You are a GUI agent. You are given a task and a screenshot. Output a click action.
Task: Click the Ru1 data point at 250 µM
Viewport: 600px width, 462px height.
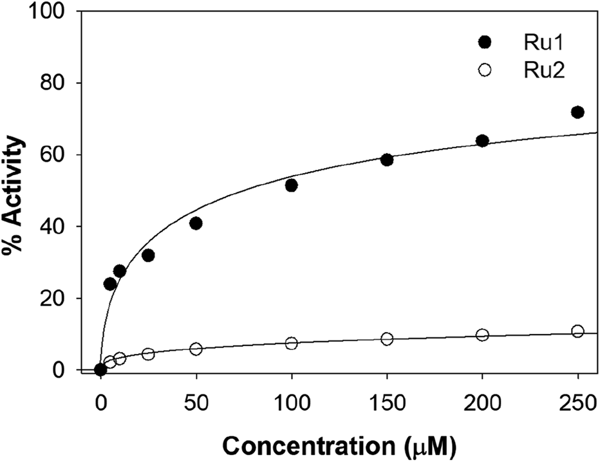coord(577,112)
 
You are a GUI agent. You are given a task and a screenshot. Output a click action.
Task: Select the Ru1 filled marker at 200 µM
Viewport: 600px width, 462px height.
coord(482,141)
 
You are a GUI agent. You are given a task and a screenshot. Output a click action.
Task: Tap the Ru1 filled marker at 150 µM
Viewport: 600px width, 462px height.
coord(387,160)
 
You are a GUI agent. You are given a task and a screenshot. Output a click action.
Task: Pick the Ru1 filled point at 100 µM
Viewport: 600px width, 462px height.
coord(291,185)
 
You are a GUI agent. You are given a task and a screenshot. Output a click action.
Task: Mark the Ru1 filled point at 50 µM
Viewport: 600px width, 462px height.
coord(196,223)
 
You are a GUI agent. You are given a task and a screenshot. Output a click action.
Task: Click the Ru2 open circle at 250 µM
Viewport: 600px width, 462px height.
coord(577,331)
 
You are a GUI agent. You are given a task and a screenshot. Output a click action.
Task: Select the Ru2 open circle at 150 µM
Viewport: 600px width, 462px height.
coord(387,338)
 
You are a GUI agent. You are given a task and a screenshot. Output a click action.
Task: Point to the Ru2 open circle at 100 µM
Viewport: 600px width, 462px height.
coord(291,343)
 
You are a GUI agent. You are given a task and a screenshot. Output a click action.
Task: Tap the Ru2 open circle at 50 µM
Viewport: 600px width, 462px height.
coord(196,349)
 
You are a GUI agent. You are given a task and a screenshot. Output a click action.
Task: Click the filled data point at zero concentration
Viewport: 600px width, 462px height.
coord(100,369)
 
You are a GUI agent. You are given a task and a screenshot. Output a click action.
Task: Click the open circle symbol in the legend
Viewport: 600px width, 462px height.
coord(485,71)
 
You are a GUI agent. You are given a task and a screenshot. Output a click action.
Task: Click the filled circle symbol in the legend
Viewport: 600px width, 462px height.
coord(485,42)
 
